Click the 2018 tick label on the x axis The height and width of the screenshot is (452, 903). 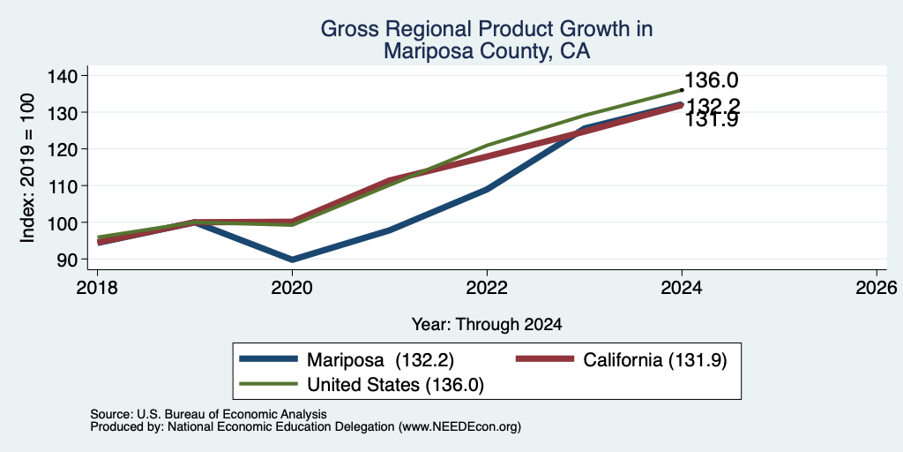click(97, 288)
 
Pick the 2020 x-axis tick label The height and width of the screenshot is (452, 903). click(292, 288)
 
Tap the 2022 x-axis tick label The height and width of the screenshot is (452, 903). click(487, 288)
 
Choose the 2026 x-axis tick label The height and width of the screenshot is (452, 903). click(877, 288)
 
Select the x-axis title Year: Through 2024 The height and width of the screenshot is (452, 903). click(487, 325)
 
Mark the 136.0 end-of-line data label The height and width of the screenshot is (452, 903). click(712, 80)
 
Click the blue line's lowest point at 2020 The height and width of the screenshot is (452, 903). click(292, 260)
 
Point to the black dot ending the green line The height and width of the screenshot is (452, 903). click(682, 90)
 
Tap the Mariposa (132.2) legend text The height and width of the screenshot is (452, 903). click(381, 360)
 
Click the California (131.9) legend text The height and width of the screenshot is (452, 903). click(655, 360)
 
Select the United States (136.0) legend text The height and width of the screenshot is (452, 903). click(396, 385)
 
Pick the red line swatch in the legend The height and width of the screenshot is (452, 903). click(545, 359)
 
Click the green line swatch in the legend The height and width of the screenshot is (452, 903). click(268, 383)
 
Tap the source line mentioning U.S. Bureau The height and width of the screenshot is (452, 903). click(208, 414)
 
